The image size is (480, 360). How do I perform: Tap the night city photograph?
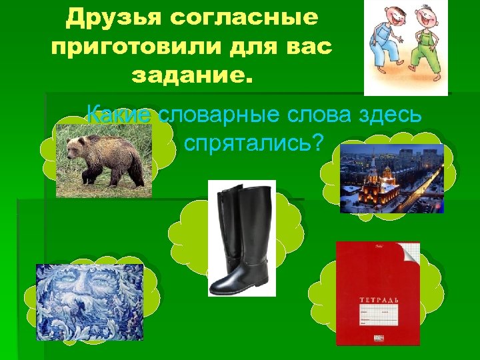pos(391,178)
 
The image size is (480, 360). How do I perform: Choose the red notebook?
pos(377,293)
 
